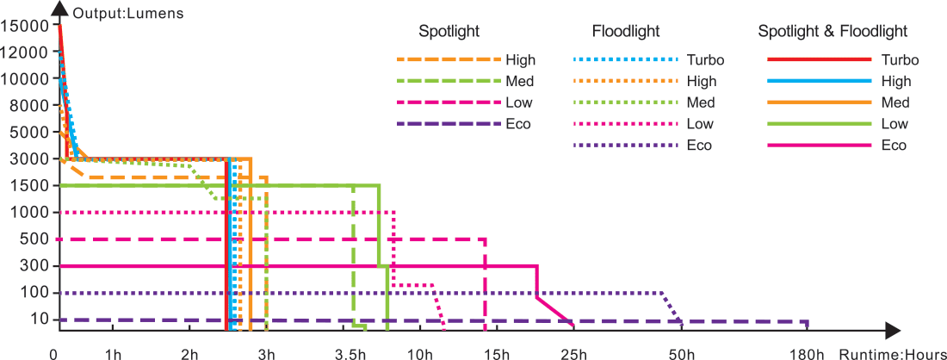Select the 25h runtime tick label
(573, 354)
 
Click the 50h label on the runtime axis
(681, 354)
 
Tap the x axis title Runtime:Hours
(893, 354)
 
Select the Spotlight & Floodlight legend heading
(832, 32)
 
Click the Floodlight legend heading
(626, 32)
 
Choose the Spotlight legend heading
(449, 32)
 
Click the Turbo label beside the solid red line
(901, 60)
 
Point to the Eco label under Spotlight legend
(519, 124)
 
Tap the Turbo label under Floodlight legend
(706, 60)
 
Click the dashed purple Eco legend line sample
(448, 124)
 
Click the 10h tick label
(421, 354)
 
